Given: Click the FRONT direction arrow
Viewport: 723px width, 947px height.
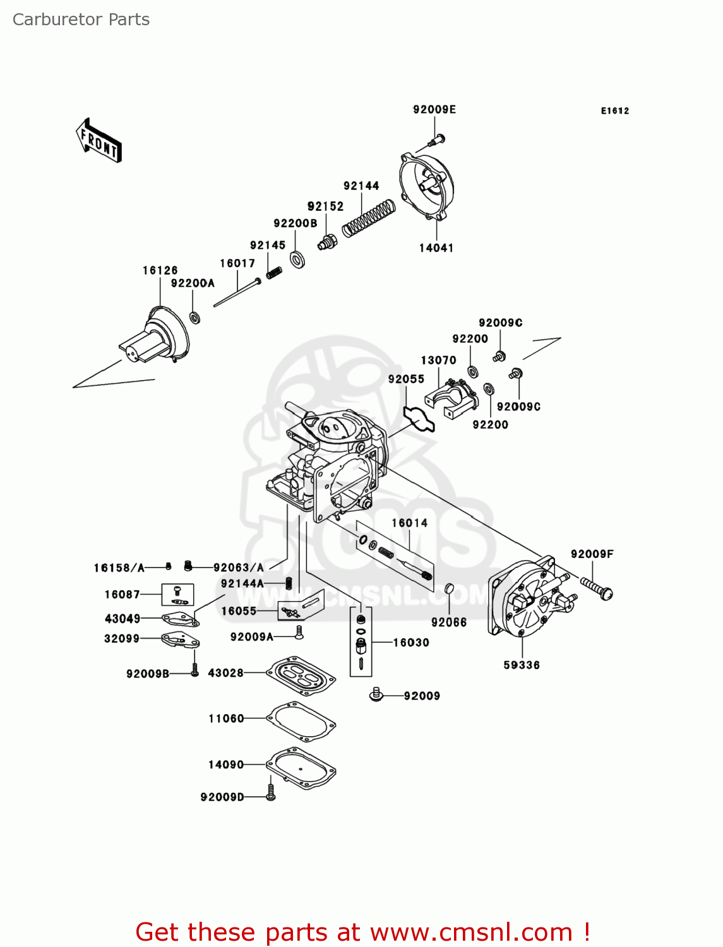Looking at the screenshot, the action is click(99, 140).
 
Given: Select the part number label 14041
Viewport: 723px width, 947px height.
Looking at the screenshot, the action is click(436, 248).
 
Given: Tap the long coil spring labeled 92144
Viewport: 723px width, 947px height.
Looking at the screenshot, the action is click(368, 218).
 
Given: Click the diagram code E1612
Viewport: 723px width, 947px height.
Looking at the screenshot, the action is click(615, 111).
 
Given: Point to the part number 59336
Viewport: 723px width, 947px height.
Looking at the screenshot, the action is click(522, 665).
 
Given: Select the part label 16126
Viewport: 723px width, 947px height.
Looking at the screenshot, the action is click(160, 270).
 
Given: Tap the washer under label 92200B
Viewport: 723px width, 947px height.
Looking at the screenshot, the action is click(297, 258).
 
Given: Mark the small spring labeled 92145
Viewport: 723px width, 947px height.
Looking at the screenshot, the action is click(274, 273).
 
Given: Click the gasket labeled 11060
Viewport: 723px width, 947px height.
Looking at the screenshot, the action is click(301, 722).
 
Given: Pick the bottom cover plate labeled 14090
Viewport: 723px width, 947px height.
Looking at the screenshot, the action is click(301, 768).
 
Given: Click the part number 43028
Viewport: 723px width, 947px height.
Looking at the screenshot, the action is click(225, 672).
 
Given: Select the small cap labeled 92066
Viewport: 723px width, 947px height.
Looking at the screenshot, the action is click(449, 588).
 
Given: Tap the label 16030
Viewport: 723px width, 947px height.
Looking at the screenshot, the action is click(411, 643).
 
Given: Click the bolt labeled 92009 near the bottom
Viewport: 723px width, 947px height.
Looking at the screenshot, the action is click(376, 694).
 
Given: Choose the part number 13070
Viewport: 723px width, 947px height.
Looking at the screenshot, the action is click(438, 360).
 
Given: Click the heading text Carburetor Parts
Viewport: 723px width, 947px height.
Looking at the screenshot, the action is click(81, 20).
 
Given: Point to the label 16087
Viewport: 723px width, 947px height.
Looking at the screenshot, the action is click(122, 594).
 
